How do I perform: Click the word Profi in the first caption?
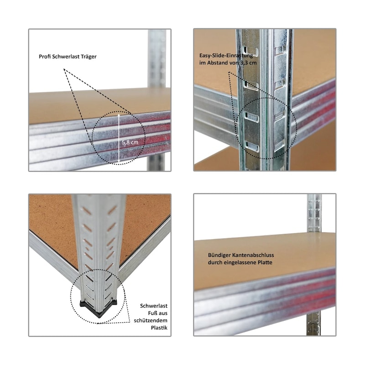pyautogui.click(x=45, y=57)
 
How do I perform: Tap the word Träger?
pyautogui.click(x=88, y=57)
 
